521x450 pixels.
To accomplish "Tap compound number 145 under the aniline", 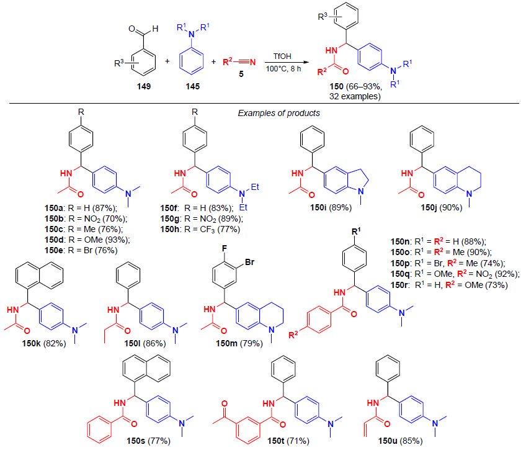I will [x=191, y=87].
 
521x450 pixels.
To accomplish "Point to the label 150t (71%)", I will [x=280, y=441].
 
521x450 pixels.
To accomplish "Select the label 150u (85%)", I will [x=397, y=441].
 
